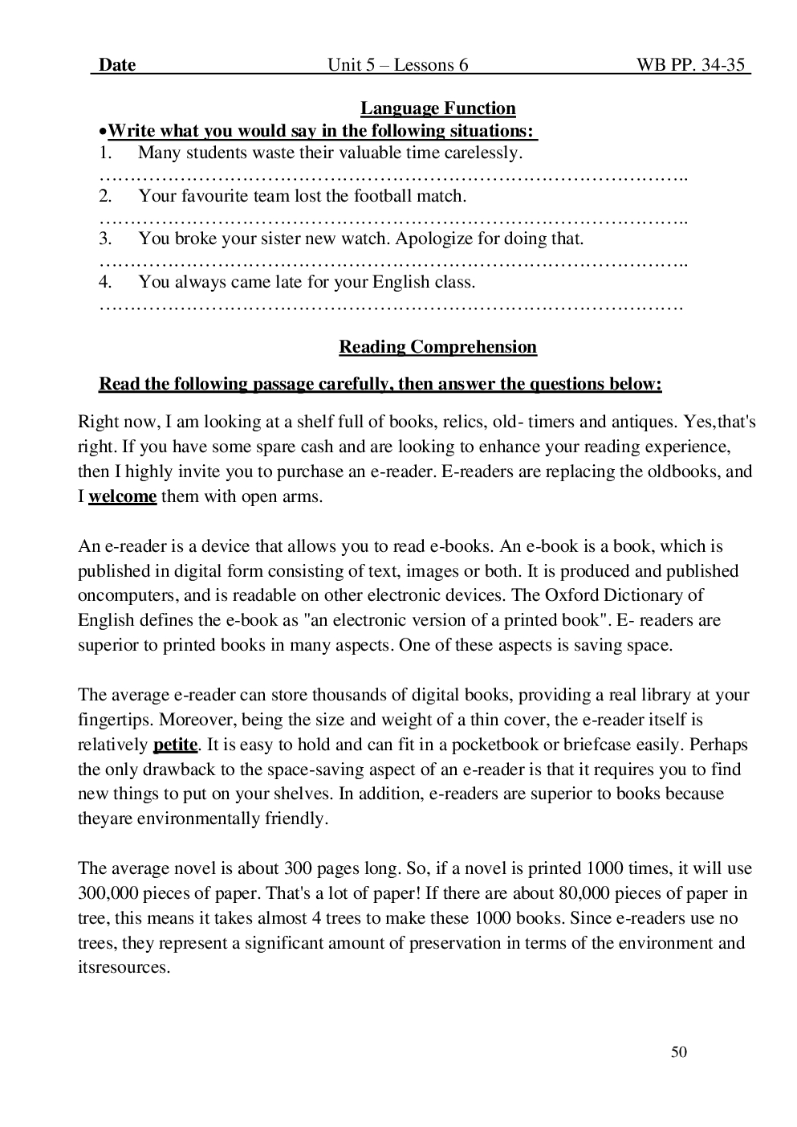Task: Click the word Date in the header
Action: [117, 65]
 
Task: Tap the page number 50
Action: [679, 1052]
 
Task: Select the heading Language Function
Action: [437, 108]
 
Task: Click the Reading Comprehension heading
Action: [437, 347]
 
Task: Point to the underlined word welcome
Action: [122, 496]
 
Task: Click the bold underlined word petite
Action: [175, 745]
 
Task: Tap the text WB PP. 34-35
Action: [692, 65]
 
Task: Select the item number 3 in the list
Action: [105, 239]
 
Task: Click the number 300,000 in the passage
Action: [108, 893]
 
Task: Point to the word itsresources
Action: [124, 968]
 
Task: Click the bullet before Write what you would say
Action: [102, 131]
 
